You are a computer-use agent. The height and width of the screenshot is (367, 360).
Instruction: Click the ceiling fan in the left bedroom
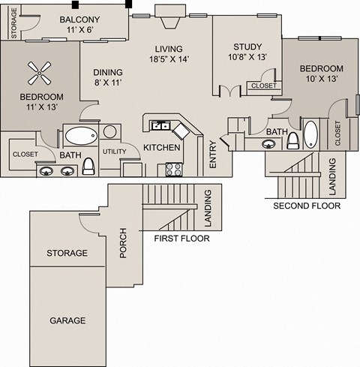(40, 73)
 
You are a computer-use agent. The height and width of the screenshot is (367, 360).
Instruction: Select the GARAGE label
(67, 320)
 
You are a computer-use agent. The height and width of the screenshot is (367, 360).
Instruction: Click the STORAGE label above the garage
(66, 254)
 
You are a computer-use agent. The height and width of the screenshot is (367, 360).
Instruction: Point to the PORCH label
(124, 242)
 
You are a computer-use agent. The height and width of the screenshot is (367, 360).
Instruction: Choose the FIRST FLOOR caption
(181, 239)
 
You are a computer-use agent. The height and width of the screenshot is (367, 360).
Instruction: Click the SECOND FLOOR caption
(307, 205)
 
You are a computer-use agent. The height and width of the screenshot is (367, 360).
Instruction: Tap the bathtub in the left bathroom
(79, 136)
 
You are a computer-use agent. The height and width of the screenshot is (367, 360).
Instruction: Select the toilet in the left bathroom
(88, 164)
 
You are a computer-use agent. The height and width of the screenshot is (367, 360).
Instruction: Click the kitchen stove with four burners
(174, 168)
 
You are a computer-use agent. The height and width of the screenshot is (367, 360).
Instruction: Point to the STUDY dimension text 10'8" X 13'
(247, 56)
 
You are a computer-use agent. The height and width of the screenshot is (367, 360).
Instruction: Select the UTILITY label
(115, 152)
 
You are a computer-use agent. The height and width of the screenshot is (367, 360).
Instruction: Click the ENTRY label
(213, 153)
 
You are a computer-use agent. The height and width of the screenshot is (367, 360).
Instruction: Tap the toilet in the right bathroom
(292, 138)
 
